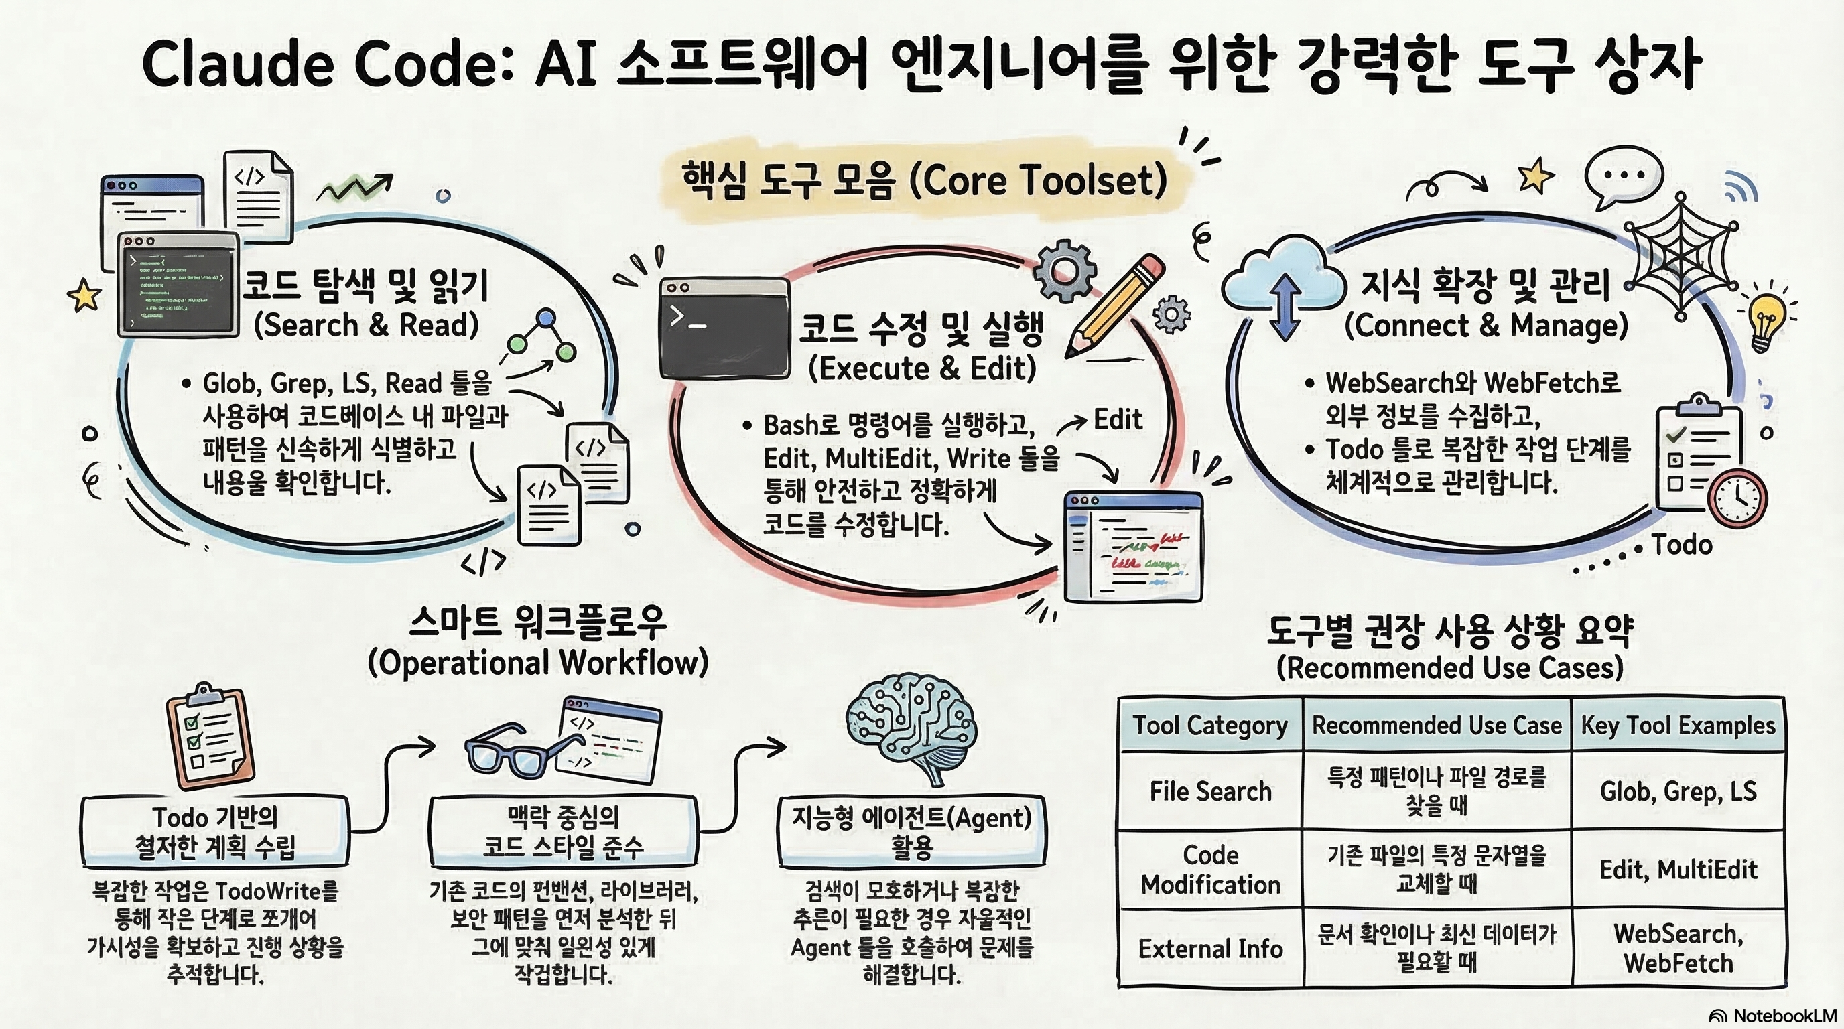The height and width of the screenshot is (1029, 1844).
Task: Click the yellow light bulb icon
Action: (1767, 322)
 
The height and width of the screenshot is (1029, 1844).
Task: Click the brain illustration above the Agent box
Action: (911, 730)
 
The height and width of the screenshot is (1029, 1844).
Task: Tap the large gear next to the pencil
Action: (1065, 271)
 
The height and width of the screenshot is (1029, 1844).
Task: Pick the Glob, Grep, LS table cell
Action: (1678, 791)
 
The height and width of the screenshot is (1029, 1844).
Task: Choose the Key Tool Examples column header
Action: (1678, 726)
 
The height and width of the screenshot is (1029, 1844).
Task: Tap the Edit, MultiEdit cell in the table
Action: (1678, 870)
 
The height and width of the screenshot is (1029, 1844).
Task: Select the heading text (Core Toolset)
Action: (1038, 180)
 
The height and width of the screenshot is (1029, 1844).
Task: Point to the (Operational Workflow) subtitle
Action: (538, 663)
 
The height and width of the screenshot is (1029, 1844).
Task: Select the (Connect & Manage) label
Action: (1486, 326)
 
